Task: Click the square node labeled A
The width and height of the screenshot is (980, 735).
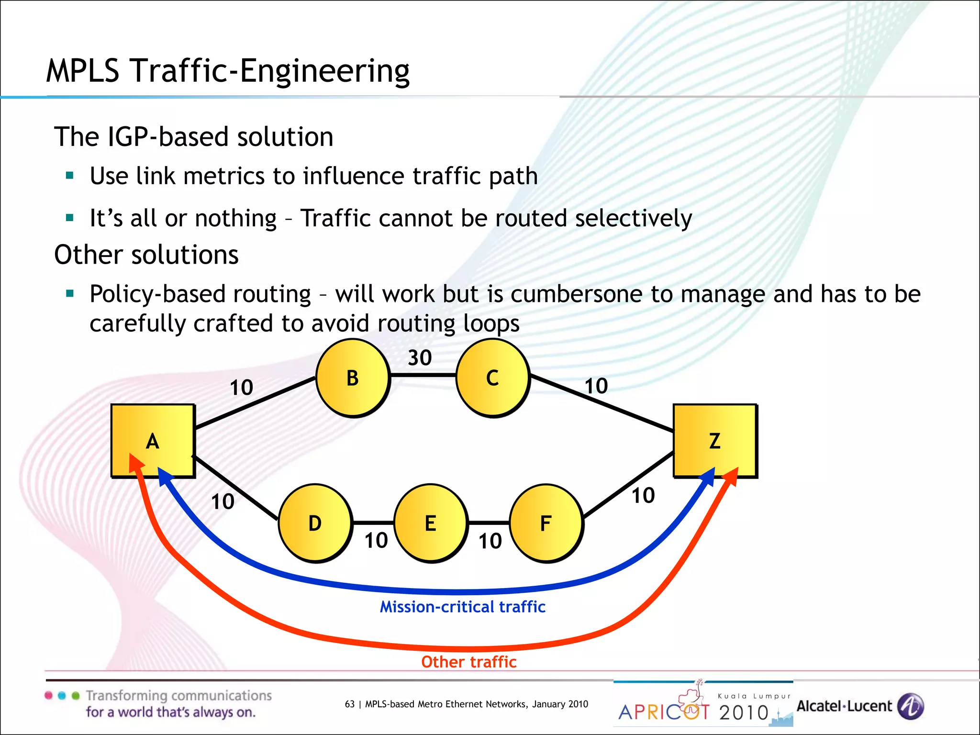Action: tap(153, 441)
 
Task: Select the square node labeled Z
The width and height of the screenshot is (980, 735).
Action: tap(714, 441)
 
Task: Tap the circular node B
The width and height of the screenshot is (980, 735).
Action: tap(353, 378)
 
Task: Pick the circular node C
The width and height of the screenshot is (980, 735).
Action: tap(492, 378)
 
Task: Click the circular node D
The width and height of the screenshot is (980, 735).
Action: tap(315, 523)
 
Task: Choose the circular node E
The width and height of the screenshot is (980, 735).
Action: tap(430, 523)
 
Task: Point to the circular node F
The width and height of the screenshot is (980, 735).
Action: tap(546, 523)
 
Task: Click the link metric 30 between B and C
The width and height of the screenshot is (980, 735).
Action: tap(420, 358)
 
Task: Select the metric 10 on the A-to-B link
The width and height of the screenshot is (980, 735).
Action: tap(241, 388)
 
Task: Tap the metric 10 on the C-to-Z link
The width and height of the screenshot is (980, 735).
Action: tap(596, 386)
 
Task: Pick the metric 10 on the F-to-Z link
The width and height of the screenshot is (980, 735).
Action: tap(643, 496)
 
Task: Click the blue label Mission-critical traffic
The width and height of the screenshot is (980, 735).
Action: tap(462, 607)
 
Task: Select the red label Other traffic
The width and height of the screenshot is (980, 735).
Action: tap(468, 662)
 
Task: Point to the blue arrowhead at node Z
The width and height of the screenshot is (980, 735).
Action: tap(708, 477)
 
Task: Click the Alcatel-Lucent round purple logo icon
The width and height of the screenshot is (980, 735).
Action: tap(910, 706)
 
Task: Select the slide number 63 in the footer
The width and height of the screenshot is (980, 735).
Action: tap(350, 704)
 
